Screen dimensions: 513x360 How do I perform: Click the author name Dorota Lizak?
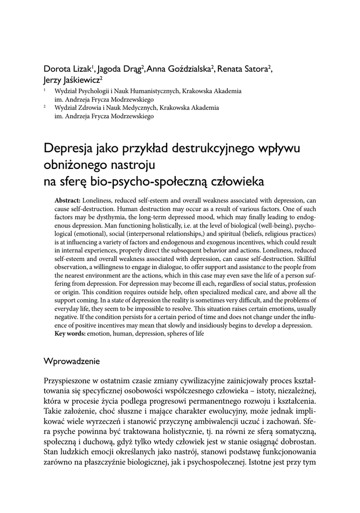coord(67,69)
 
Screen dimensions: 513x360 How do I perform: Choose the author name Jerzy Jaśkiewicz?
coord(72,80)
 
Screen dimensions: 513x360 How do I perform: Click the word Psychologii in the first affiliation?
coord(93,92)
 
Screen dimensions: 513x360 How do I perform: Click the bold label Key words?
coord(70,333)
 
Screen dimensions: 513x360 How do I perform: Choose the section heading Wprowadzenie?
coord(72,361)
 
